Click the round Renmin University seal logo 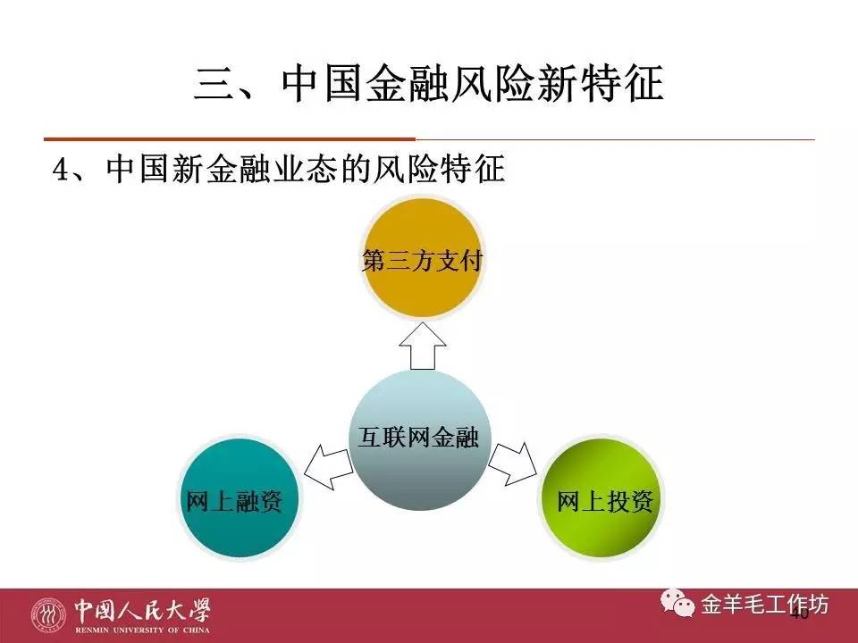coord(49,614)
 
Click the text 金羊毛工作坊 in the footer coord(765,605)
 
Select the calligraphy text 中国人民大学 coord(143,607)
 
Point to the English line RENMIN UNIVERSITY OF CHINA coord(143,629)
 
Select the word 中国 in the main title coord(314,88)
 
